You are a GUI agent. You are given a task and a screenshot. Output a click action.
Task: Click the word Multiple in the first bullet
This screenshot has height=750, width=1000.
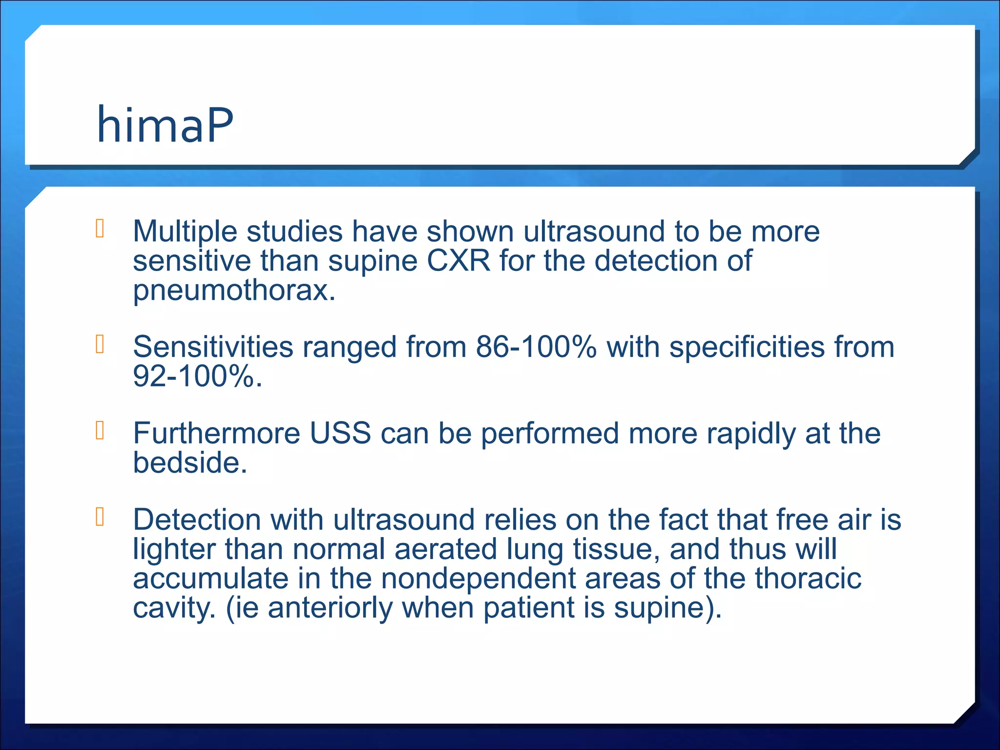pyautogui.click(x=185, y=231)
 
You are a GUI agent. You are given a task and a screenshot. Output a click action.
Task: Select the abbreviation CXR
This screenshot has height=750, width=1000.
pyautogui.click(x=458, y=261)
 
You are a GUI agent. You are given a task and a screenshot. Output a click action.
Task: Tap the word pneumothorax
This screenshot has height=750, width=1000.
pyautogui.click(x=233, y=291)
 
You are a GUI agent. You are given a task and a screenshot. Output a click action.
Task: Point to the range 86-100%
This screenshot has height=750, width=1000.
pyautogui.click(x=536, y=347)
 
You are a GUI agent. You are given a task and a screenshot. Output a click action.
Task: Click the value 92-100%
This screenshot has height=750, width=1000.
pyautogui.click(x=197, y=376)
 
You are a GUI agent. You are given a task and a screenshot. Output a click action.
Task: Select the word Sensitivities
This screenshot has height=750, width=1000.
pyautogui.click(x=213, y=347)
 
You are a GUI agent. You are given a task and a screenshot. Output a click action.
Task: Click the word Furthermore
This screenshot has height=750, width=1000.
pyautogui.click(x=216, y=433)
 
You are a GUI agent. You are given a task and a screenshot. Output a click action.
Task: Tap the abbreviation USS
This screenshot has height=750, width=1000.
pyautogui.click(x=340, y=433)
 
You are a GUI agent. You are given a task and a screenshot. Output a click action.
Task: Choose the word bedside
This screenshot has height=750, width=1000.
pyautogui.click(x=189, y=462)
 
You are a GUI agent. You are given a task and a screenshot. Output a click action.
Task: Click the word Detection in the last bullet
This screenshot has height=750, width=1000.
pyautogui.click(x=197, y=520)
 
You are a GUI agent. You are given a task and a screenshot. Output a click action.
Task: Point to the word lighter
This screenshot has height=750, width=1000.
pyautogui.click(x=174, y=549)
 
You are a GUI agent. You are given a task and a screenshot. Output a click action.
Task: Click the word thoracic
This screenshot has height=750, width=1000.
pyautogui.click(x=808, y=579)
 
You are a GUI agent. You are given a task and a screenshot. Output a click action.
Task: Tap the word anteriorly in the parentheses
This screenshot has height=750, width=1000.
pyautogui.click(x=330, y=608)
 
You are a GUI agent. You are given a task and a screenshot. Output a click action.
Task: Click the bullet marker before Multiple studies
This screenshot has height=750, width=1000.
pyautogui.click(x=100, y=229)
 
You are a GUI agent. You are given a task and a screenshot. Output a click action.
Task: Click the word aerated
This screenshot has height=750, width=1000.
pyautogui.click(x=445, y=549)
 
